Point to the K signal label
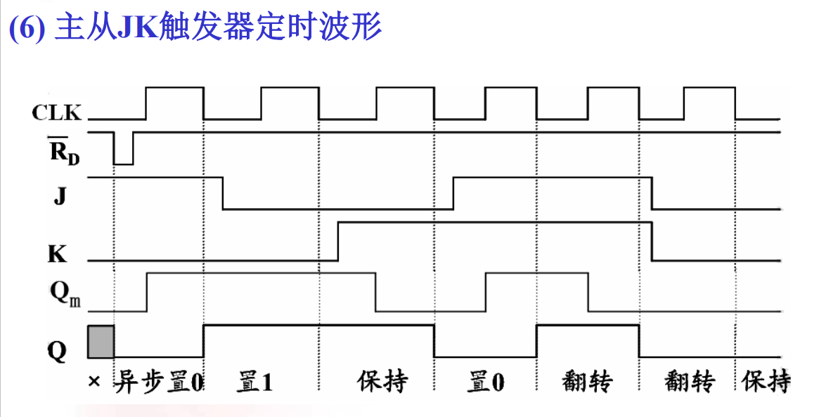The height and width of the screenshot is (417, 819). pyautogui.click(x=57, y=253)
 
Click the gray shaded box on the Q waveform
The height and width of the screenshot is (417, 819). pyautogui.click(x=101, y=342)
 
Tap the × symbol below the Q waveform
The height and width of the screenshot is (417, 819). pyautogui.click(x=95, y=383)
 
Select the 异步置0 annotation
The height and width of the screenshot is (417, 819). pyautogui.click(x=158, y=383)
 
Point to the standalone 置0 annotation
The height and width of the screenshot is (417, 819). pyautogui.click(x=486, y=383)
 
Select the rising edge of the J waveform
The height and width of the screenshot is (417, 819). pyautogui.click(x=453, y=193)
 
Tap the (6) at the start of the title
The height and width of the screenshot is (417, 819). pyautogui.click(x=27, y=29)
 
